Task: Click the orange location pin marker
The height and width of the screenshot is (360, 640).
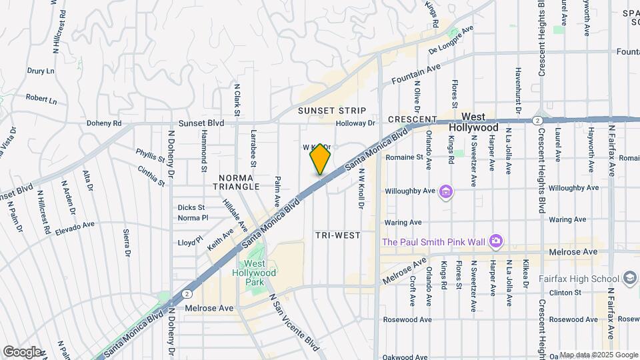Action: tap(321, 159)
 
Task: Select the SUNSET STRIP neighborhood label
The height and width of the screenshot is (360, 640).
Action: tap(332, 110)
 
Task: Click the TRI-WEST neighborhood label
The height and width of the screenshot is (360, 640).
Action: tap(338, 235)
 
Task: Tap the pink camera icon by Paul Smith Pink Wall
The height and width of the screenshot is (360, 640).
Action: tap(495, 241)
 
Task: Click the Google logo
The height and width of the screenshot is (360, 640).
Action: tap(21, 351)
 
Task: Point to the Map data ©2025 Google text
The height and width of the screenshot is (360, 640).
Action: tap(598, 355)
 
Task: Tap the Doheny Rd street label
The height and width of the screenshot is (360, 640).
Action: tap(104, 123)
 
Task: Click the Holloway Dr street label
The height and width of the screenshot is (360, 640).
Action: tap(356, 123)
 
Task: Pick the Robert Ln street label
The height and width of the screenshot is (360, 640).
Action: tap(41, 98)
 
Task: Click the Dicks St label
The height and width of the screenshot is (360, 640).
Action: tap(190, 207)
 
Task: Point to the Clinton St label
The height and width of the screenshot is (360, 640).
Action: tap(569, 292)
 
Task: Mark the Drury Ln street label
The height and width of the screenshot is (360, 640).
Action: tap(40, 70)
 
